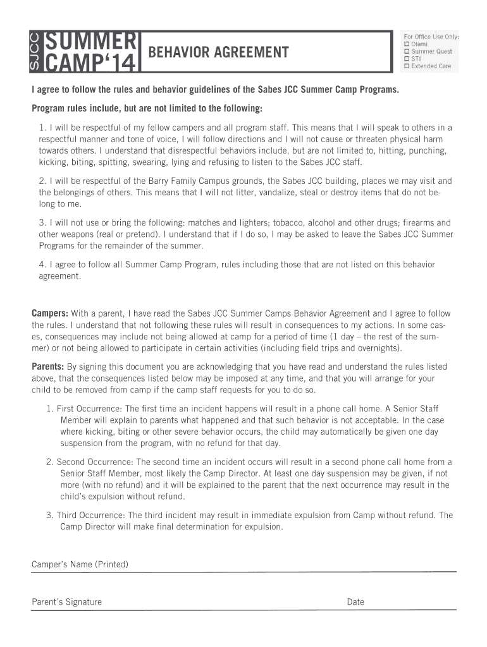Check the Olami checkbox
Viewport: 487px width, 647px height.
click(407, 44)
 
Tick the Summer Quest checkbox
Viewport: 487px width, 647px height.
click(407, 51)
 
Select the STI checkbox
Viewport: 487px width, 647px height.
click(407, 59)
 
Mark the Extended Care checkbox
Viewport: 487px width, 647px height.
click(407, 66)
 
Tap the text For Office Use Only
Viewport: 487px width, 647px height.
click(431, 37)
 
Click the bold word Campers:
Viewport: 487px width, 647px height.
click(50, 313)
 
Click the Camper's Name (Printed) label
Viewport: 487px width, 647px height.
click(80, 564)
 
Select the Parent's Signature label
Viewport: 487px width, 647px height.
click(66, 602)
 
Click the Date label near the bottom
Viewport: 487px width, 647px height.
click(355, 602)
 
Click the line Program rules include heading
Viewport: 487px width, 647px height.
click(147, 108)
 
